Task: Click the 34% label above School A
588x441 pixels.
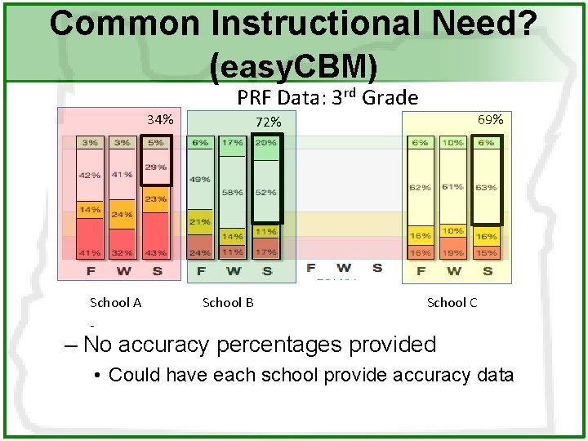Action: [x=160, y=120]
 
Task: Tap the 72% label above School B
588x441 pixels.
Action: [x=268, y=122]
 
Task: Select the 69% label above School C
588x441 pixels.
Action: [x=491, y=119]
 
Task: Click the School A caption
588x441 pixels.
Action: [x=115, y=302]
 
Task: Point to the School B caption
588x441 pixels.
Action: [x=228, y=302]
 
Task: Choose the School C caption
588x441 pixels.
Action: [x=452, y=302]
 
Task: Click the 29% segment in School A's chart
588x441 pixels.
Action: [x=156, y=167]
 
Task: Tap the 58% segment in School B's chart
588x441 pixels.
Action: [x=232, y=193]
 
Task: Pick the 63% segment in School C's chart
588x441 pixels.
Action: [x=485, y=187]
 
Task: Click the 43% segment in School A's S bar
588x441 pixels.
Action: [x=156, y=253]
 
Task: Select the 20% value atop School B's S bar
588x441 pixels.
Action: [x=265, y=142]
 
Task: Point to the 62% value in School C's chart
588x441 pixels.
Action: [x=420, y=187]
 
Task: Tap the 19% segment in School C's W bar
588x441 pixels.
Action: [x=453, y=253]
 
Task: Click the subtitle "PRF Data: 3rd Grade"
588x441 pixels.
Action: [x=327, y=98]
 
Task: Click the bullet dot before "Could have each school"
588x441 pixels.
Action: [x=96, y=376]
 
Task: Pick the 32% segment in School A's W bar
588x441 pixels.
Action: [x=122, y=253]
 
